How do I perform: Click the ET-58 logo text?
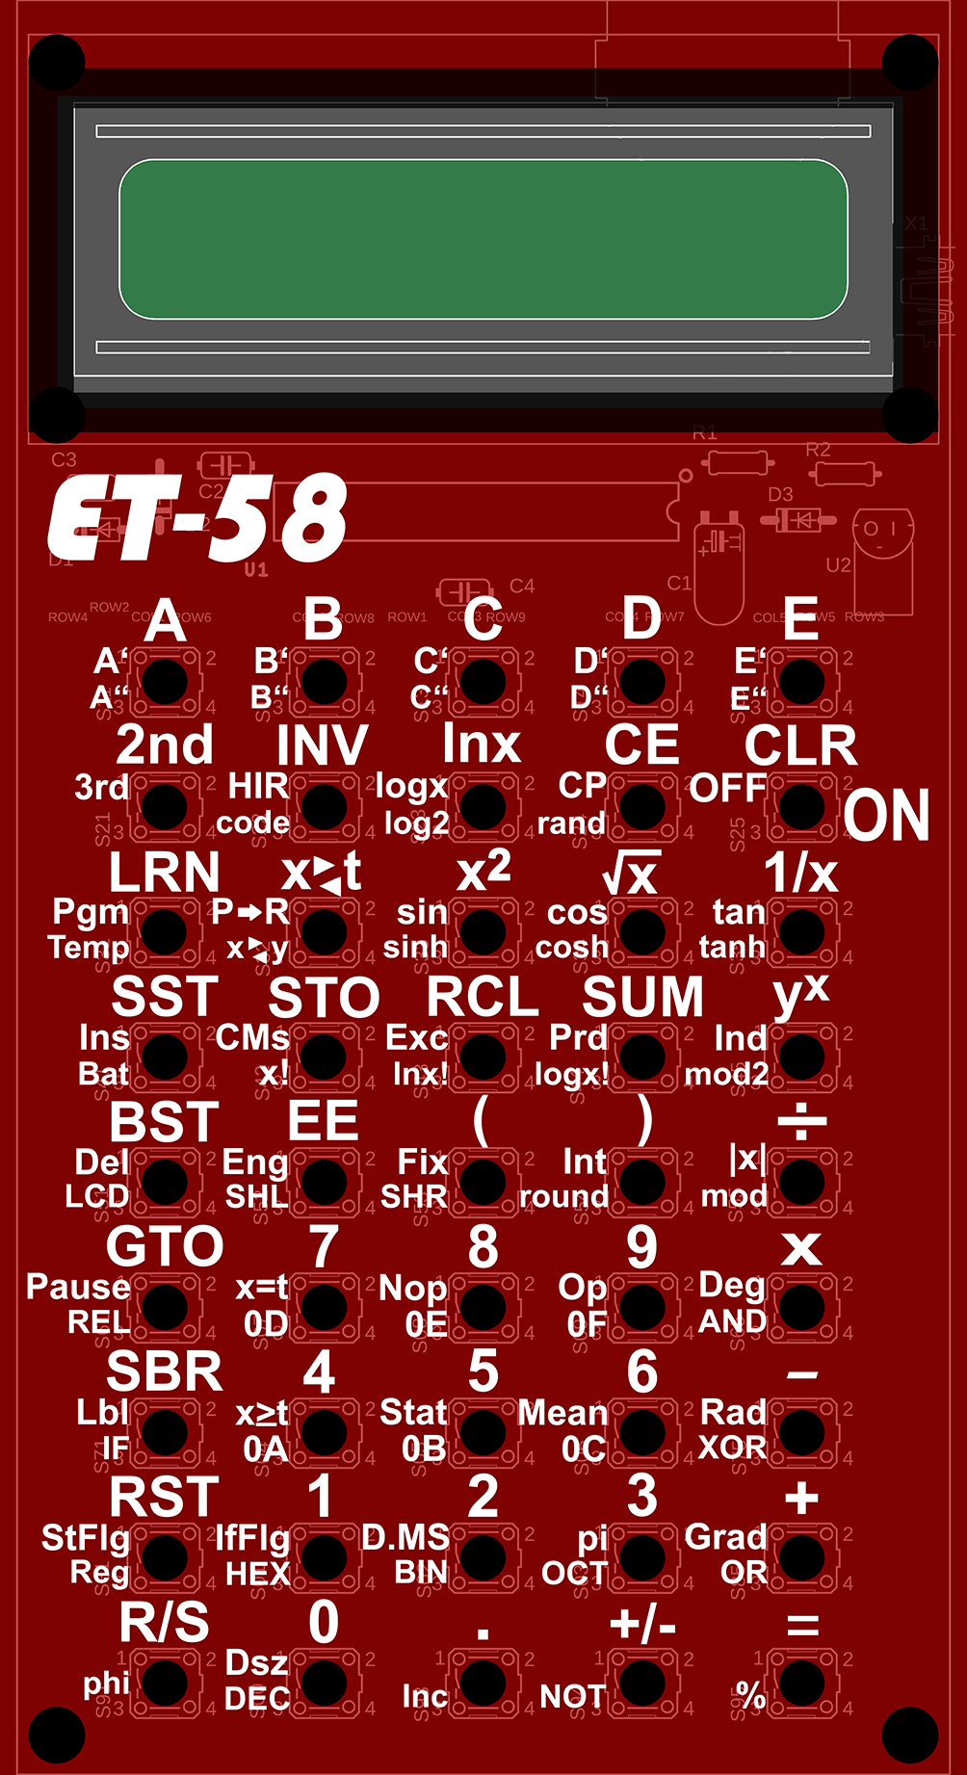tap(197, 518)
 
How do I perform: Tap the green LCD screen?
tap(483, 239)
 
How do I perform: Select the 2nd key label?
tap(165, 745)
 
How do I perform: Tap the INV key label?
tap(322, 745)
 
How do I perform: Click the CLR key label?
tap(800, 745)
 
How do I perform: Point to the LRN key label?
tap(165, 873)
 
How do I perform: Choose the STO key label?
tap(324, 998)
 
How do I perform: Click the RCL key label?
tap(483, 997)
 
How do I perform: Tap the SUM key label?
tap(642, 997)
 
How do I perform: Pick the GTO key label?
tap(165, 1247)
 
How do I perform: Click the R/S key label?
tap(165, 1623)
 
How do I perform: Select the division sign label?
tap(801, 1122)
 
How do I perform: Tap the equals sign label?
tap(802, 1626)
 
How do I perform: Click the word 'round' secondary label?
tap(563, 1196)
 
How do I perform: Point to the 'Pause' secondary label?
tap(78, 1287)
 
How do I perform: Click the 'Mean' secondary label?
tap(562, 1413)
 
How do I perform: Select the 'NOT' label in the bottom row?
tap(573, 1696)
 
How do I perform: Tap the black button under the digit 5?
tap(483, 1432)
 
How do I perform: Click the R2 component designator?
tap(818, 450)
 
